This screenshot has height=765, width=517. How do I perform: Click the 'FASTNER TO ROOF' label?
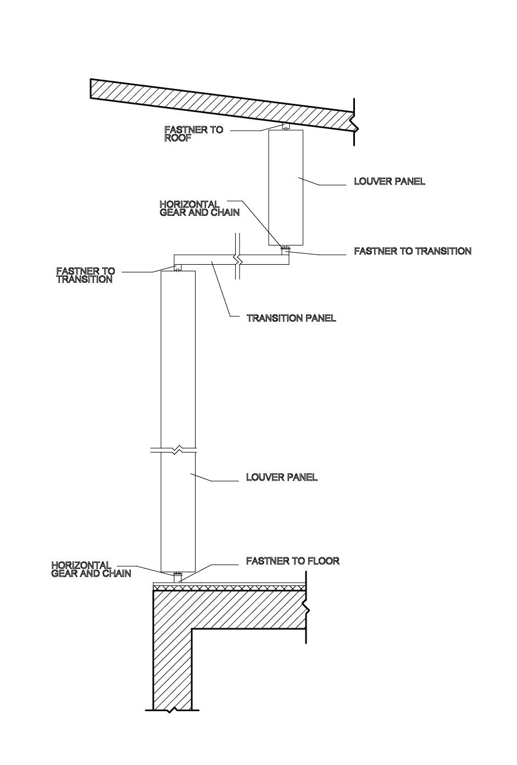point(193,134)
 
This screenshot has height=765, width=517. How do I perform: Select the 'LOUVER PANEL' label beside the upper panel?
point(390,181)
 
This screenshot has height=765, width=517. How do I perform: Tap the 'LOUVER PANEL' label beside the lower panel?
point(281,477)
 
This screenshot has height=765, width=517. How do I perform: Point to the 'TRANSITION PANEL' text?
point(291,319)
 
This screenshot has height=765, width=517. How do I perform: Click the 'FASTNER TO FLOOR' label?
point(293,561)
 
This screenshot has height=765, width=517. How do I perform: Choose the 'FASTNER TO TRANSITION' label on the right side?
point(413,251)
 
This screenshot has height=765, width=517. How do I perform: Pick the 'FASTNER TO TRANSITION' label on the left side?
point(85,275)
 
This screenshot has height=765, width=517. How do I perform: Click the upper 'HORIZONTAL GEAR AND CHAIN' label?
point(199,208)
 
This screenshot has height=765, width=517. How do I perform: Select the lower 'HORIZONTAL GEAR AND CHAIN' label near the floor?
point(91,569)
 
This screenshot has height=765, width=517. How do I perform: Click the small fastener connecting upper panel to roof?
point(286,127)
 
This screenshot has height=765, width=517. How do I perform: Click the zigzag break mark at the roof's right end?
point(355,122)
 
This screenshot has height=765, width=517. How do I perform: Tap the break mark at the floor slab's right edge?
point(307,608)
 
